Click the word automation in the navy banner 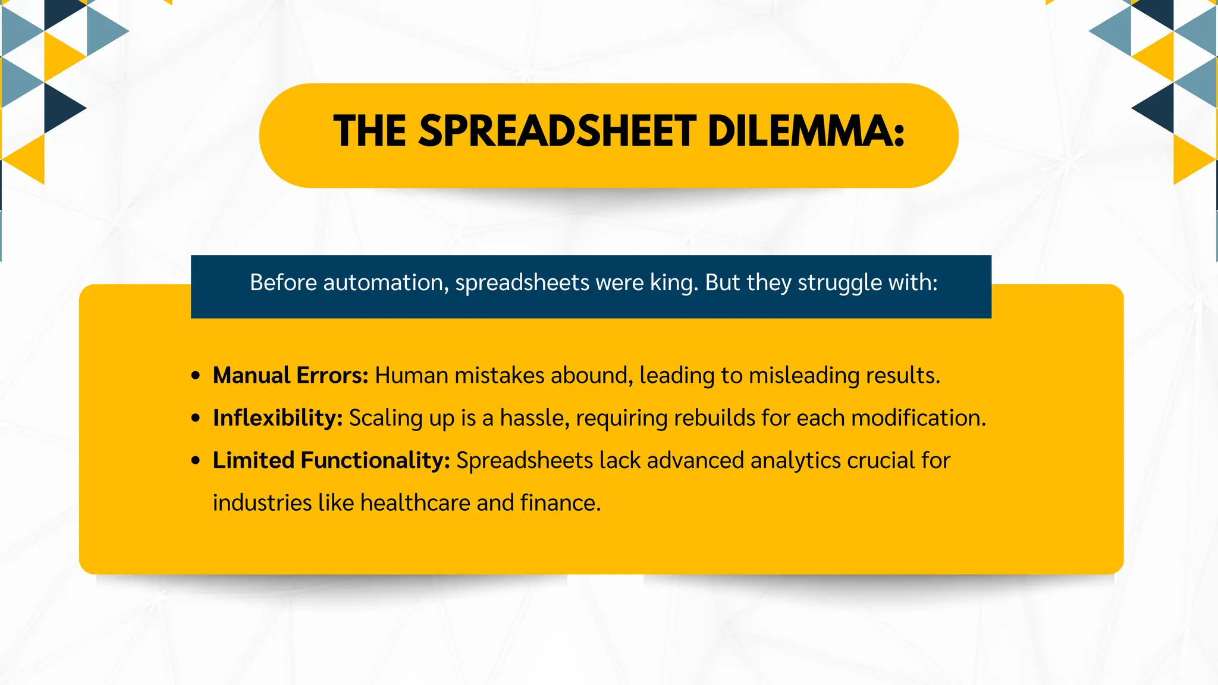pyautogui.click(x=385, y=282)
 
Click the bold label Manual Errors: pyautogui.click(x=291, y=375)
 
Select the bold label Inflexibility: pyautogui.click(x=278, y=418)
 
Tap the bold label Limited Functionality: pyautogui.click(x=331, y=460)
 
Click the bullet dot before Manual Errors pyautogui.click(x=196, y=376)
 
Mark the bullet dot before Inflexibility pyautogui.click(x=196, y=419)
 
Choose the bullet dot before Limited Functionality pyautogui.click(x=196, y=461)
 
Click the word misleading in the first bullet pyautogui.click(x=803, y=376)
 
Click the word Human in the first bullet pyautogui.click(x=412, y=375)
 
